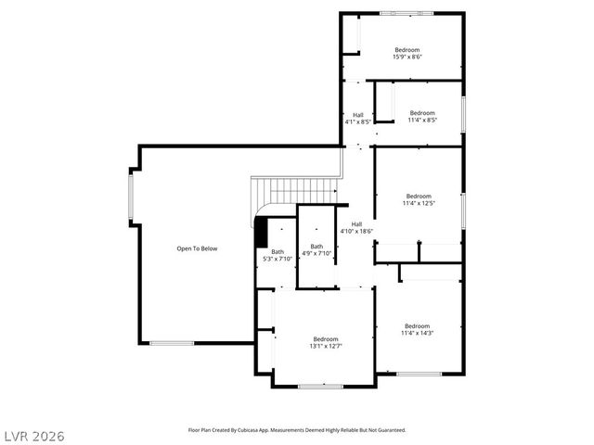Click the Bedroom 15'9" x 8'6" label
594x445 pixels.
point(407,53)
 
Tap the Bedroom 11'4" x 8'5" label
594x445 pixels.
point(422,116)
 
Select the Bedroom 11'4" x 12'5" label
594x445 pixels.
point(419,199)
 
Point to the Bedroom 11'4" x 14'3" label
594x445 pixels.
point(417,329)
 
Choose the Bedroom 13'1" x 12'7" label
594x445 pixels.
point(326,342)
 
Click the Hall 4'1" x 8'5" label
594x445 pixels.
point(358,118)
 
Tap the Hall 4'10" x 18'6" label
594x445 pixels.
point(355,226)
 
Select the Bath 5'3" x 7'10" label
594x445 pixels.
point(278,255)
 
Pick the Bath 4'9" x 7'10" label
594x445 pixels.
point(316,249)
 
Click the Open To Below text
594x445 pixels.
point(198,248)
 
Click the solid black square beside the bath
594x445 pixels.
point(262,232)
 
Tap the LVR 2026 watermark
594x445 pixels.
point(33,435)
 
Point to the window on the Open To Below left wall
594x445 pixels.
point(131,197)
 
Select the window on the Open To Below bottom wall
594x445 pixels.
point(173,343)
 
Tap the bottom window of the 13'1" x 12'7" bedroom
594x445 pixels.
point(321,386)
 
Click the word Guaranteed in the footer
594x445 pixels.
point(388,430)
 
